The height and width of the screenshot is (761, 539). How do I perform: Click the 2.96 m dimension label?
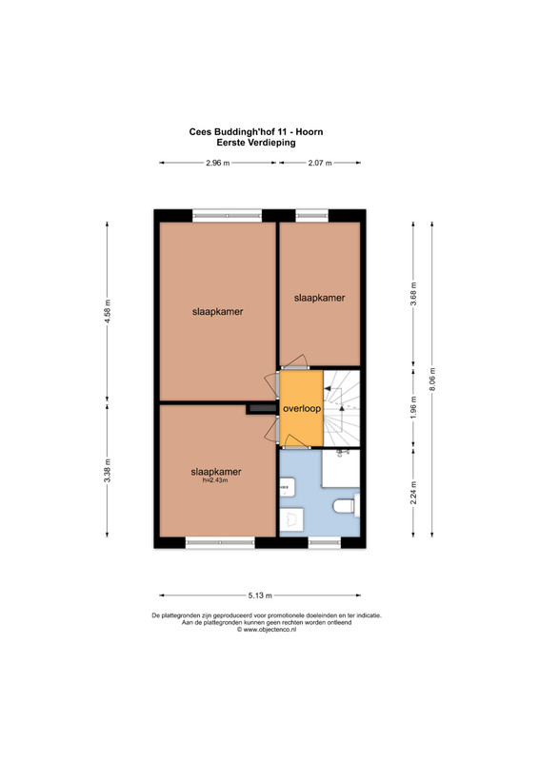(x=217, y=163)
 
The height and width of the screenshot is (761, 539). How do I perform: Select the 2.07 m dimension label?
(x=320, y=163)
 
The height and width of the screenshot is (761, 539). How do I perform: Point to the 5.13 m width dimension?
(x=260, y=595)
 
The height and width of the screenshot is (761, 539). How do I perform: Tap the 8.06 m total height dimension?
(x=432, y=380)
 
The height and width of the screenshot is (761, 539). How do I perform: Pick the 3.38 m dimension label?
(x=108, y=470)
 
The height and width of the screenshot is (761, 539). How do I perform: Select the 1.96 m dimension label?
(x=413, y=408)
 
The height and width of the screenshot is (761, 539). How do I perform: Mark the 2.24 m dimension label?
(x=413, y=493)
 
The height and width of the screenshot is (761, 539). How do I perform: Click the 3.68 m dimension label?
(x=413, y=294)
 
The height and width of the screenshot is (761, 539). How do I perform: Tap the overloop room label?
(x=302, y=409)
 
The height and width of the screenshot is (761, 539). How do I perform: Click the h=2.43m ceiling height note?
(x=215, y=480)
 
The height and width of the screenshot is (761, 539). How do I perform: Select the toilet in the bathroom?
(x=346, y=506)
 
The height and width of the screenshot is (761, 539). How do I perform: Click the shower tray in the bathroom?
(x=340, y=468)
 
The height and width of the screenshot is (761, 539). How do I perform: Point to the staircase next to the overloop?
(x=342, y=408)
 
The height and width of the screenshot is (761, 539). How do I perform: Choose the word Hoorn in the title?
(x=309, y=132)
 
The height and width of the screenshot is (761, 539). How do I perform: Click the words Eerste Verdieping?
(x=256, y=143)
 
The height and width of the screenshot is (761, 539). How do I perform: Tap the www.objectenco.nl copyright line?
(x=267, y=630)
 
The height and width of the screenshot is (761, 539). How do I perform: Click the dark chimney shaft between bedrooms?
(x=261, y=409)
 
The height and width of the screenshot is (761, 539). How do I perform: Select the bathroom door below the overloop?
(x=296, y=441)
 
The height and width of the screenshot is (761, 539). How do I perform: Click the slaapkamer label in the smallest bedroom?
(x=319, y=298)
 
